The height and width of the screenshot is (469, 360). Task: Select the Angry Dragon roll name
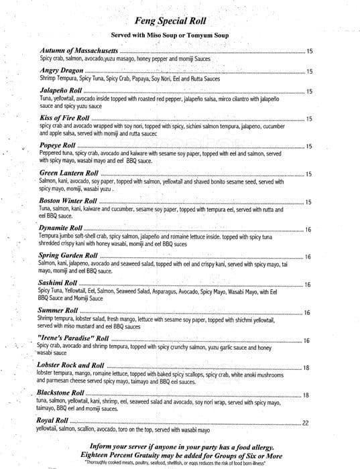61,70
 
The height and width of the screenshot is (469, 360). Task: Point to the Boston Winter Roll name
68,201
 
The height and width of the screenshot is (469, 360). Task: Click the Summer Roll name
58,312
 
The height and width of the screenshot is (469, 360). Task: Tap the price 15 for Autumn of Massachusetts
309,52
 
